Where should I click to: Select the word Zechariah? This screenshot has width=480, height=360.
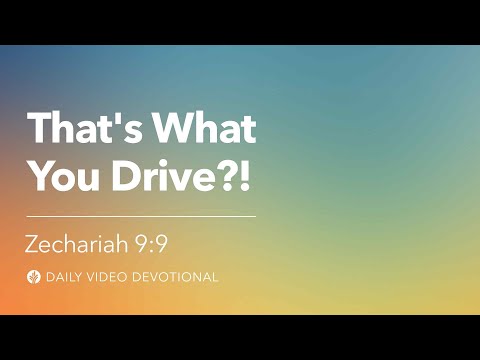click(88, 242)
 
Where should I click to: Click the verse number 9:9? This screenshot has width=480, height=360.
click(175, 242)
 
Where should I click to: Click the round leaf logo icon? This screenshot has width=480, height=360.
click(35, 276)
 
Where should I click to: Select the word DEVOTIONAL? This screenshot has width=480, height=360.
click(178, 276)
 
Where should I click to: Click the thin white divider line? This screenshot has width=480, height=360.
click(140, 215)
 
